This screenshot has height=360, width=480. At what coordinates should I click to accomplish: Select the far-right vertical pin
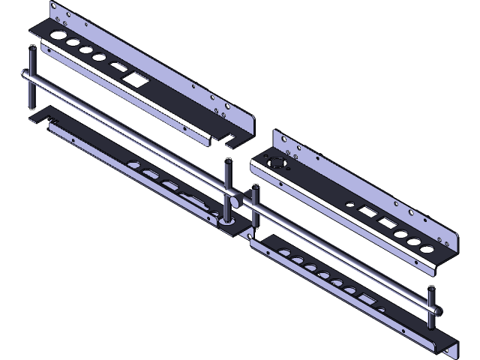click(x=431, y=307)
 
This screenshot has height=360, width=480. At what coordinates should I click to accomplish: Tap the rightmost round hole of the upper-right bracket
click(x=426, y=248)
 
